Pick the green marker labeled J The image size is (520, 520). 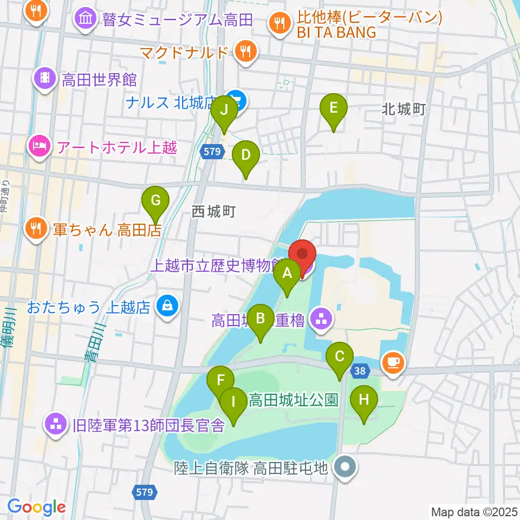coord(223,113)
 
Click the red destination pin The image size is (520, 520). coord(302,255)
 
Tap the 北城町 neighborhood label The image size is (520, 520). coord(404,109)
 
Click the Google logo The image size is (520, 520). coord(36,507)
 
